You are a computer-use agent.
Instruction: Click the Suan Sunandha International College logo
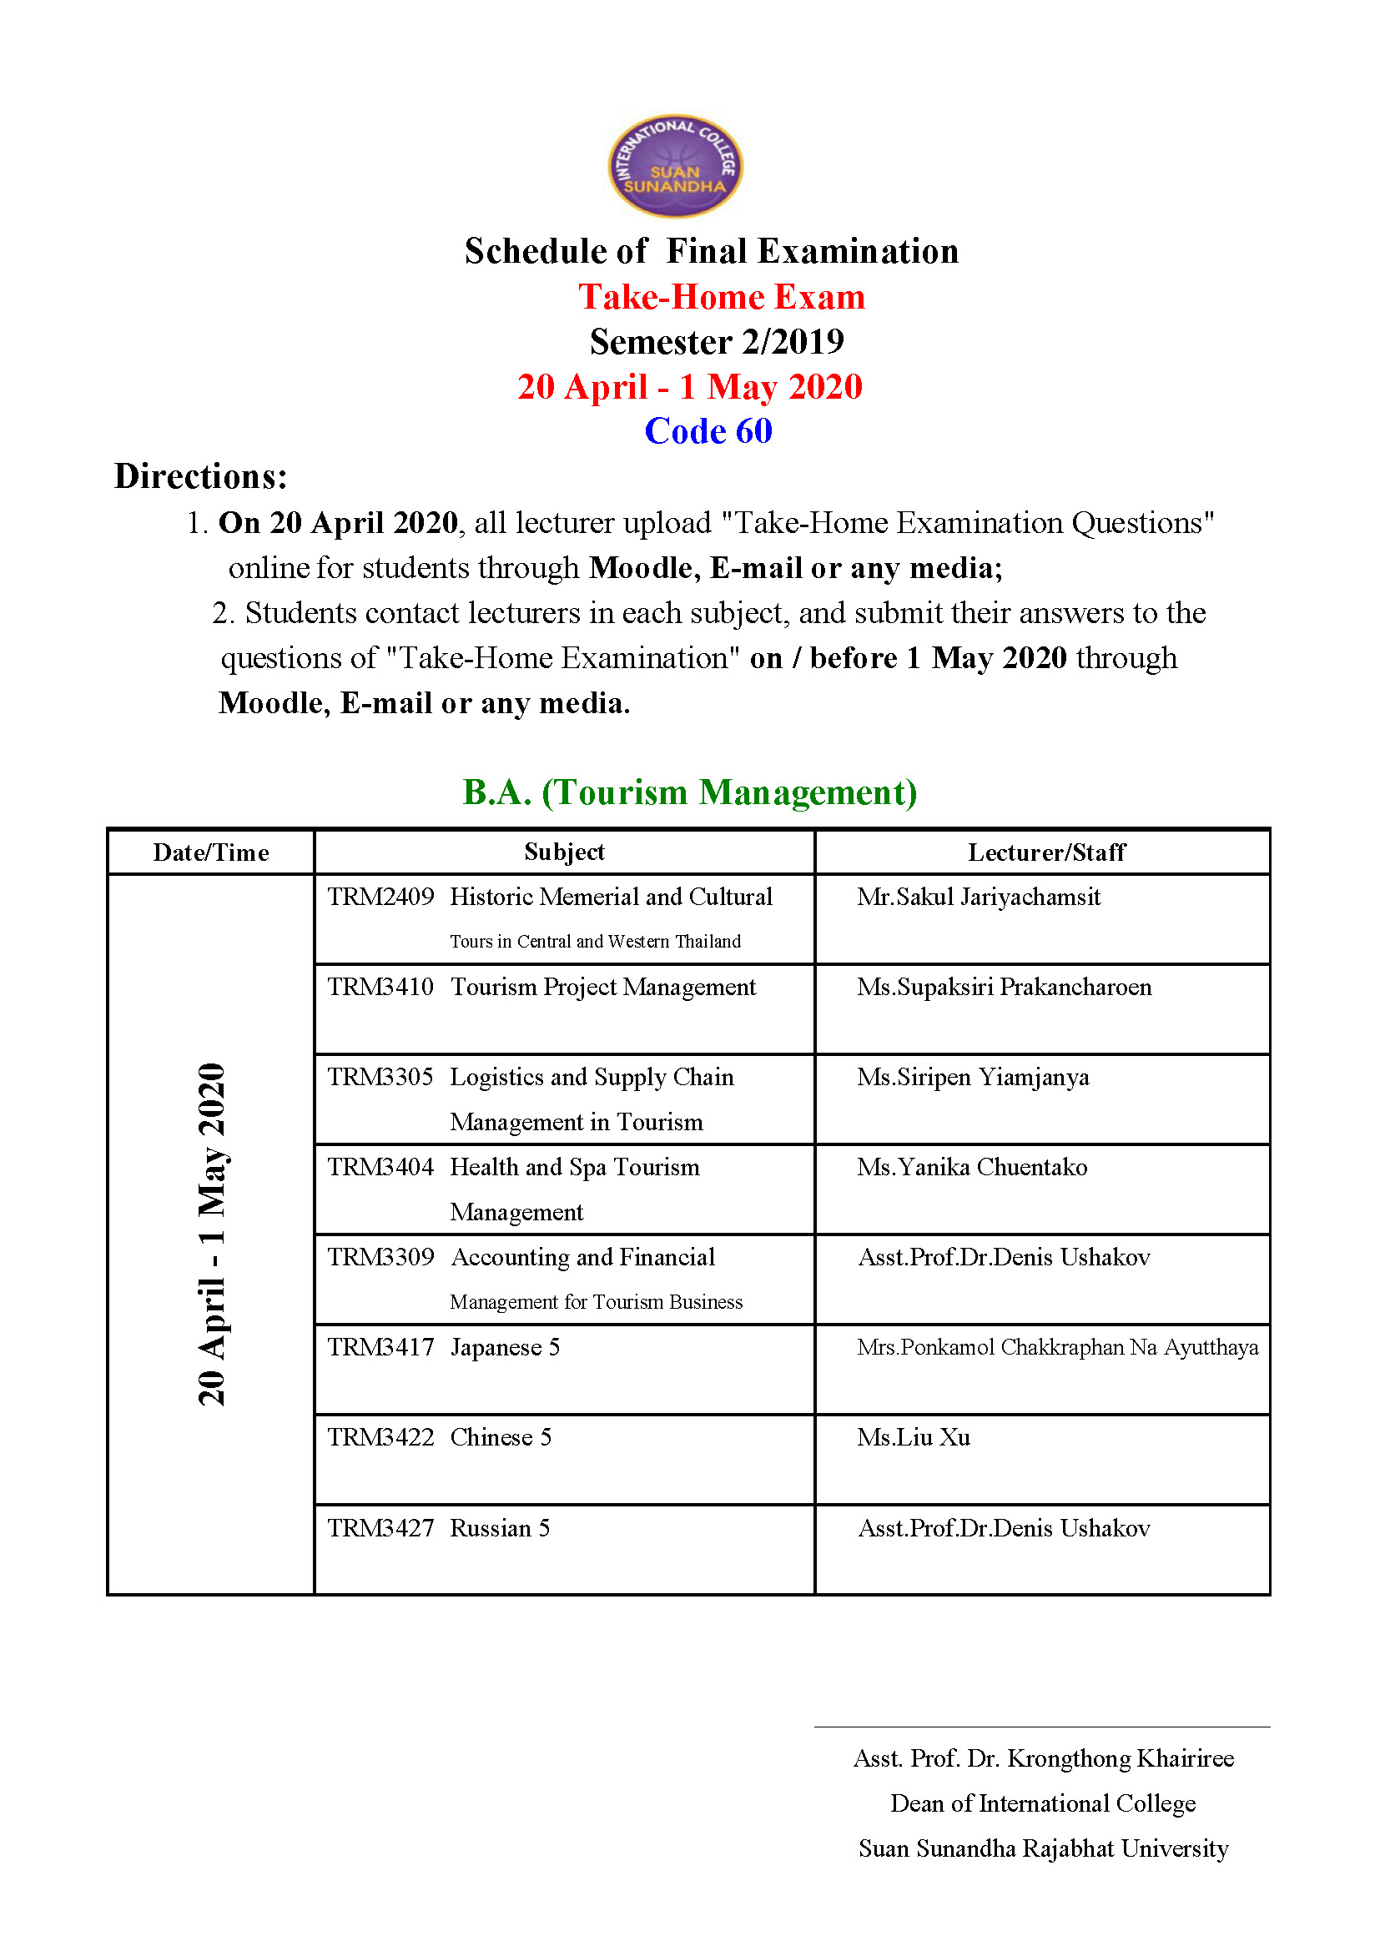click(675, 166)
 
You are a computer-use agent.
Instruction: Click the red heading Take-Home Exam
click(722, 298)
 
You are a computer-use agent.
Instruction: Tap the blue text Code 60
click(708, 430)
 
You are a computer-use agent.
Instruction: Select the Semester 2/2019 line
click(717, 342)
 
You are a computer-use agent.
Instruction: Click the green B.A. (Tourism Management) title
click(689, 792)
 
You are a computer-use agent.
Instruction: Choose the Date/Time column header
click(211, 852)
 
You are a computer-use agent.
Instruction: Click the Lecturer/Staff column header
click(1046, 852)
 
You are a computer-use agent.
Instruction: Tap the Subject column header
click(564, 852)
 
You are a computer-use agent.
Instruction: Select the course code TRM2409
click(380, 897)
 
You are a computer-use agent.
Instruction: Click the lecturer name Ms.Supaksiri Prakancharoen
click(1004, 987)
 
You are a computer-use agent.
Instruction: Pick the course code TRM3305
click(380, 1077)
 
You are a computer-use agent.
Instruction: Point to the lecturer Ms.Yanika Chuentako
click(971, 1167)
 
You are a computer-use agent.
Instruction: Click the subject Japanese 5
click(505, 1347)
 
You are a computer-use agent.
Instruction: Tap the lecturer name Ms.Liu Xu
click(914, 1437)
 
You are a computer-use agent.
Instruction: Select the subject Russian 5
click(500, 1528)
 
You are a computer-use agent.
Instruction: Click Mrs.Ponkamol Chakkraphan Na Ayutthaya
click(1057, 1347)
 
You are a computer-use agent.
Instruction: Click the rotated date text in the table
click(212, 1234)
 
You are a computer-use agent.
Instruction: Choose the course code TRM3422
click(380, 1437)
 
